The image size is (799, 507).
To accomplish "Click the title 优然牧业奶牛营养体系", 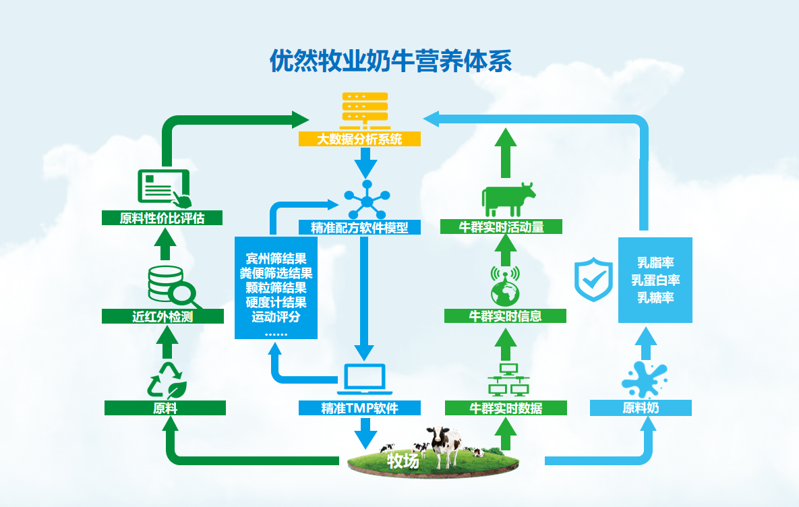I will [x=390, y=61].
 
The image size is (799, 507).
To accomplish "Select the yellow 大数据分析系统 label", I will [x=360, y=140].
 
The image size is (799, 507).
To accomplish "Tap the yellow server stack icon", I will [x=365, y=110].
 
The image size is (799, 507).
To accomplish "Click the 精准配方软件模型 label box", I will [x=360, y=227].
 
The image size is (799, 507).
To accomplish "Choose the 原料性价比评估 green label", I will [x=162, y=218].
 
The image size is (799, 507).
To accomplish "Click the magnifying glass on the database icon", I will [x=183, y=293].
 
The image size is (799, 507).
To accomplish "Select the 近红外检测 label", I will [x=162, y=316].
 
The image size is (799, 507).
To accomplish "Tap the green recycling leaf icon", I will [x=166, y=380].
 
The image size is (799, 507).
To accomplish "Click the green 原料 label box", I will [x=165, y=408].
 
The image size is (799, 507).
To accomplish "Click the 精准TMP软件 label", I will [x=360, y=408].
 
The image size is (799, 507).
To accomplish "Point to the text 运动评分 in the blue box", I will [x=276, y=317].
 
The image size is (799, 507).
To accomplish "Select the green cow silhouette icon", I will [x=508, y=198].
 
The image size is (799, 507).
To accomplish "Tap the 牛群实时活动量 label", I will [x=501, y=227].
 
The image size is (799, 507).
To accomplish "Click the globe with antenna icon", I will [x=505, y=286].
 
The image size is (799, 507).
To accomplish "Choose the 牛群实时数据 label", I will [x=506, y=408].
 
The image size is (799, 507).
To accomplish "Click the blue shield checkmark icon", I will [x=593, y=280].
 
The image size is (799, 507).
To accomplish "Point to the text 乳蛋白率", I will [x=655, y=280].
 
